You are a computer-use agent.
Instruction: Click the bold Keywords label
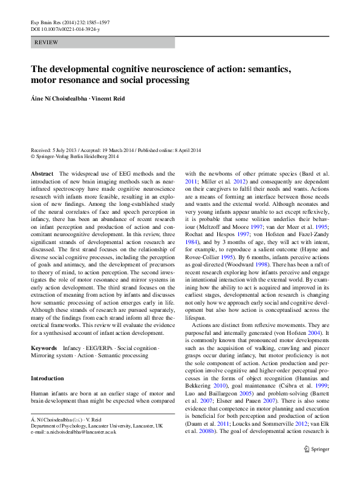click(x=44, y=349)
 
